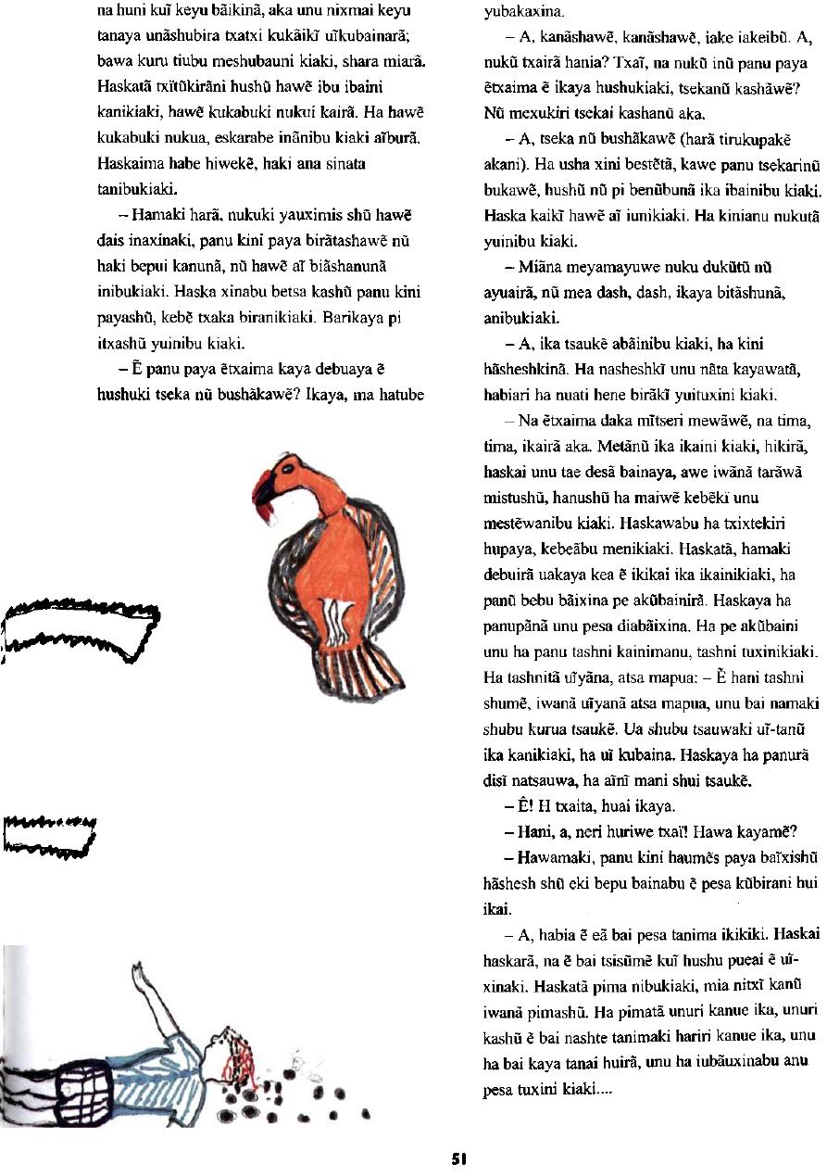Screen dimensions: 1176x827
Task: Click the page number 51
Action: (x=458, y=1157)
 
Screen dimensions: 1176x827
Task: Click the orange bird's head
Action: (x=284, y=467)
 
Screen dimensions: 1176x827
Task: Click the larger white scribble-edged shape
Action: (x=79, y=631)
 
